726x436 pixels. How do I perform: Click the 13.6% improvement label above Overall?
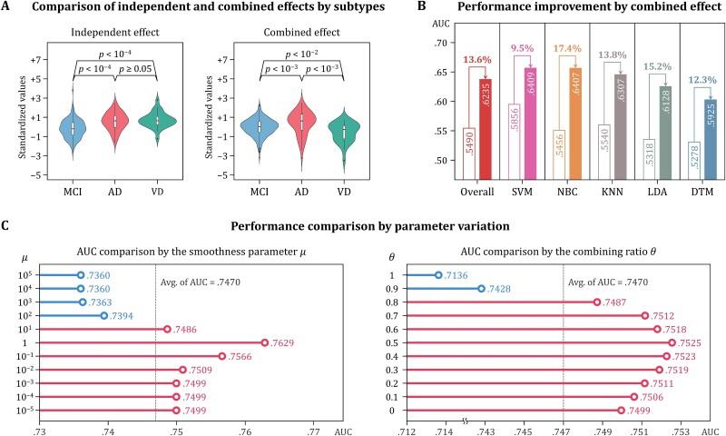tap(481, 60)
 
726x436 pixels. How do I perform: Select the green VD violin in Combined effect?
tap(343, 132)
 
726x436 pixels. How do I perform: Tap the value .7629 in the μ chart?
tap(283, 343)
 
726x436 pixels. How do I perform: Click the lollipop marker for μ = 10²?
tap(103, 315)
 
